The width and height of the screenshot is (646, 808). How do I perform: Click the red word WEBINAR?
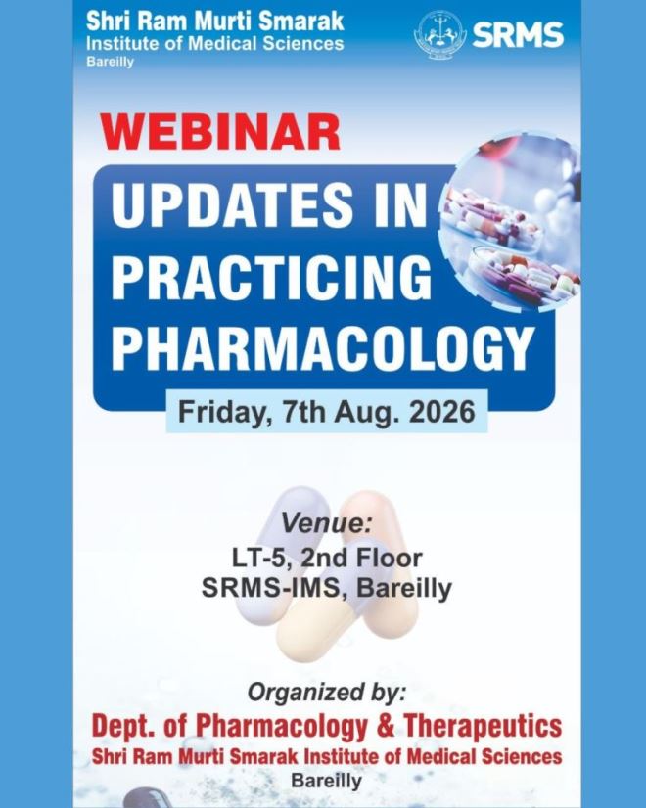[220, 132]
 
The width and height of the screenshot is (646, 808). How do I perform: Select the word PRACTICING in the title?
[271, 276]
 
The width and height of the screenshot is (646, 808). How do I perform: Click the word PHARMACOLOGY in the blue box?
[323, 347]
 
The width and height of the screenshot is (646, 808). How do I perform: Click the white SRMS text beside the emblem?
[517, 35]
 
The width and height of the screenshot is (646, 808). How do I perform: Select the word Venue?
[326, 524]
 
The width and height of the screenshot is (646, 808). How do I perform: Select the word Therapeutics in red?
[483, 726]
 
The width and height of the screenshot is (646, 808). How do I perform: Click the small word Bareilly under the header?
[110, 62]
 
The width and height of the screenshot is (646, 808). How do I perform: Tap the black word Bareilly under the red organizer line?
[326, 781]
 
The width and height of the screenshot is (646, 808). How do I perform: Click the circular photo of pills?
[509, 222]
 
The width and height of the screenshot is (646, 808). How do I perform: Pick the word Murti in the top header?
[227, 22]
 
